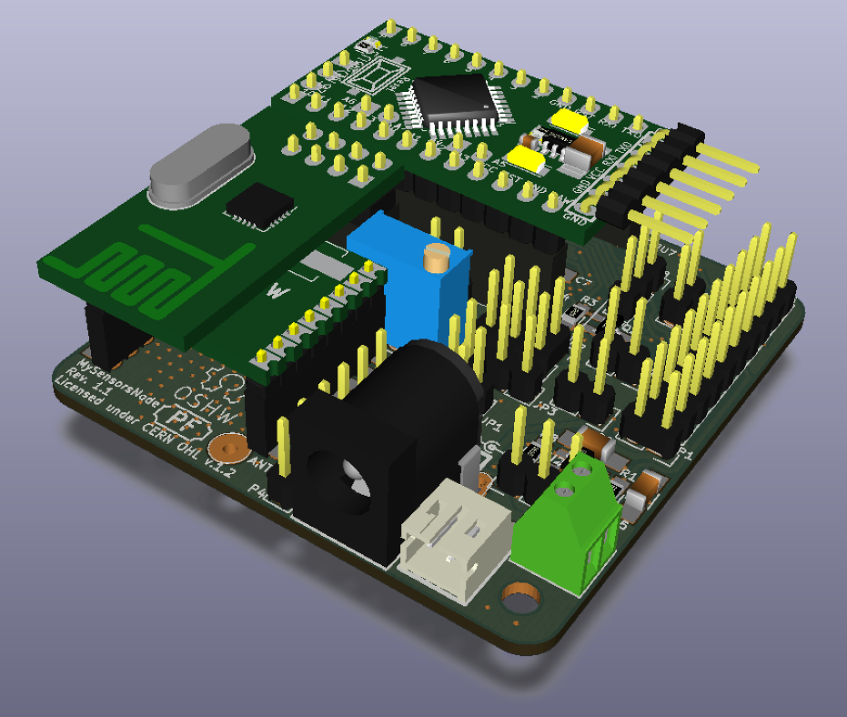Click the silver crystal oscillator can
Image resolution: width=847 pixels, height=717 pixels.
coord(201,164)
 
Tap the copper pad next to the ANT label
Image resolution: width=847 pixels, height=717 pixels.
coord(227,448)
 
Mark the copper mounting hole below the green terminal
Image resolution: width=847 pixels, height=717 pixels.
coord(519,601)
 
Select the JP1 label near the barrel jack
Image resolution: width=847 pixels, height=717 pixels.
coord(493,425)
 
